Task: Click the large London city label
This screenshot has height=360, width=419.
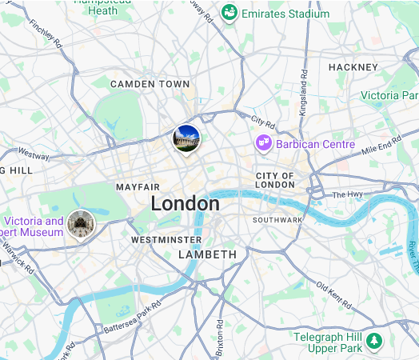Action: click(185, 204)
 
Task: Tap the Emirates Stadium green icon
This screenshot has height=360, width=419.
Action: click(230, 13)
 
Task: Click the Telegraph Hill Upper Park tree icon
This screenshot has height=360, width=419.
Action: click(374, 342)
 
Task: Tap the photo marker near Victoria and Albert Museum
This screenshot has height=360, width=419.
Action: click(79, 222)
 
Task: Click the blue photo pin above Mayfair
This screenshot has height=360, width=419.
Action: click(186, 138)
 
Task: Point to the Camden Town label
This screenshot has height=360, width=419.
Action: click(150, 84)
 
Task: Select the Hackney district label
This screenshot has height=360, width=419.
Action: click(352, 67)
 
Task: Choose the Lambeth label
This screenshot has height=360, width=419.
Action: click(207, 254)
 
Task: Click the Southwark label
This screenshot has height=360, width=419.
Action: click(277, 219)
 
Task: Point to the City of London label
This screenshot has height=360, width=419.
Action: click(275, 180)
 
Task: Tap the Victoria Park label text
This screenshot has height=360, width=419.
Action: click(389, 95)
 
